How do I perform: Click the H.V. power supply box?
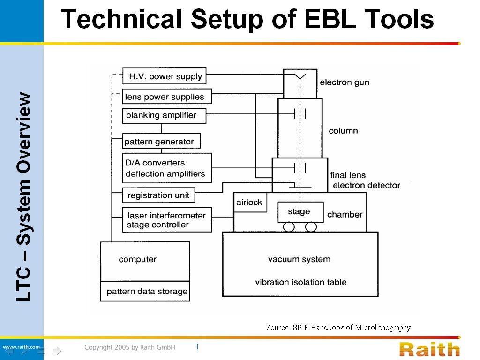pos(165,76)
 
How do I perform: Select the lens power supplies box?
pos(167,97)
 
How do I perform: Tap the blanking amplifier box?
pos(164,116)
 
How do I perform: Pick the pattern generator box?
pos(161,141)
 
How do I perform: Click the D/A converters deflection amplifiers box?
pos(167,168)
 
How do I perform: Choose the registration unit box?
pos(158,195)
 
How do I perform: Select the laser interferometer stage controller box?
pos(167,220)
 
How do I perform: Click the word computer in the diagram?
pos(137,259)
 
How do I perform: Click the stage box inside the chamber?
pos(300,212)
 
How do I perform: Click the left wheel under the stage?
pos(289,227)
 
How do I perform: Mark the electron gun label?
pos(345,82)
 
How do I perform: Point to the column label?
pos(343,131)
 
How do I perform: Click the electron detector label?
pos(367,185)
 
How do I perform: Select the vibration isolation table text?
pos(301,282)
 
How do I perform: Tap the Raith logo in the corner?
pos(429,349)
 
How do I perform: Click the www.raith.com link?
pos(21,347)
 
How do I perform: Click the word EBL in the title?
pos(330,19)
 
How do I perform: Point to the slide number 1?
pos(197,346)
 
